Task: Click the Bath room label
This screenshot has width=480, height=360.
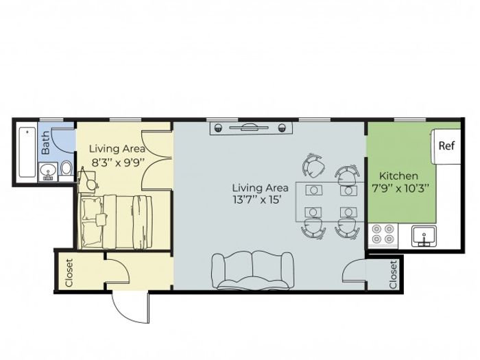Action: click(45, 143)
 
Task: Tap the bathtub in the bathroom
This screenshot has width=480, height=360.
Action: click(27, 152)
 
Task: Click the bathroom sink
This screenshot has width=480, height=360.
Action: click(48, 171)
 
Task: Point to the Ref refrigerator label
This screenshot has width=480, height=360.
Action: click(446, 145)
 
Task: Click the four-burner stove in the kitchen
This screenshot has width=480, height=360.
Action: click(383, 235)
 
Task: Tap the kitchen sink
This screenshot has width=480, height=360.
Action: click(424, 236)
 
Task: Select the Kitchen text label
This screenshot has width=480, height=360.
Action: click(398, 176)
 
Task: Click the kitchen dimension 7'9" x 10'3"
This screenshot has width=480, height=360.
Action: click(400, 188)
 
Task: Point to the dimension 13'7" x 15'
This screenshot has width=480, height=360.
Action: click(257, 200)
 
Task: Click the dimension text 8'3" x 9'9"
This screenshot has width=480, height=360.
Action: click(118, 162)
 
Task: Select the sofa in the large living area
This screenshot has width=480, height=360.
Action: click(253, 271)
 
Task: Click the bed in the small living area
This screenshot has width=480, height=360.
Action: click(115, 221)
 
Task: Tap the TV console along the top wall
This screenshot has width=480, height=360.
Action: click(251, 128)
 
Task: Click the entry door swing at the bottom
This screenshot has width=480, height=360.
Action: click(131, 308)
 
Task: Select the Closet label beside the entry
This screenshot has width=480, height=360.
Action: click(69, 273)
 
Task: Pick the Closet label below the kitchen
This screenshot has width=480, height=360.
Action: click(393, 274)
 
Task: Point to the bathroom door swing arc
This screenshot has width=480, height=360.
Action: click(62, 140)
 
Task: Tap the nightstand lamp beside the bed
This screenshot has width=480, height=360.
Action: click(91, 182)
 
